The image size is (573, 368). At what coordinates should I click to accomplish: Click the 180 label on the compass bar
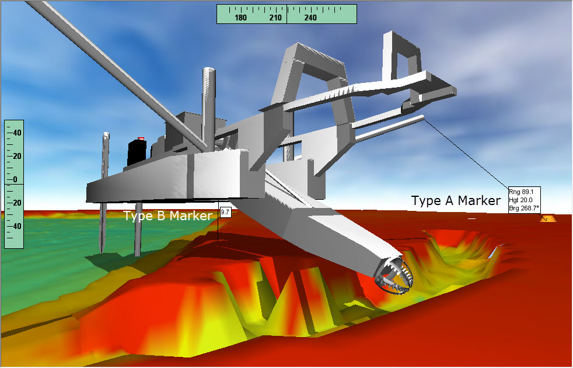pyautogui.click(x=240, y=18)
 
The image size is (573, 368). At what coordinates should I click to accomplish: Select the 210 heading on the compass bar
pyautogui.click(x=275, y=18)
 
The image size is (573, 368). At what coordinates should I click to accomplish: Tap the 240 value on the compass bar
pyautogui.click(x=310, y=18)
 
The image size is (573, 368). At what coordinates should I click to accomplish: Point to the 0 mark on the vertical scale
pyautogui.click(x=15, y=179)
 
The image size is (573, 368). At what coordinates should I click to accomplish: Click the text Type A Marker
pyautogui.click(x=456, y=200)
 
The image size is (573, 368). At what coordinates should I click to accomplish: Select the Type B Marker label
pyautogui.click(x=167, y=216)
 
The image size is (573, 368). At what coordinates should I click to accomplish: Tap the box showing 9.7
pyautogui.click(x=225, y=212)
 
